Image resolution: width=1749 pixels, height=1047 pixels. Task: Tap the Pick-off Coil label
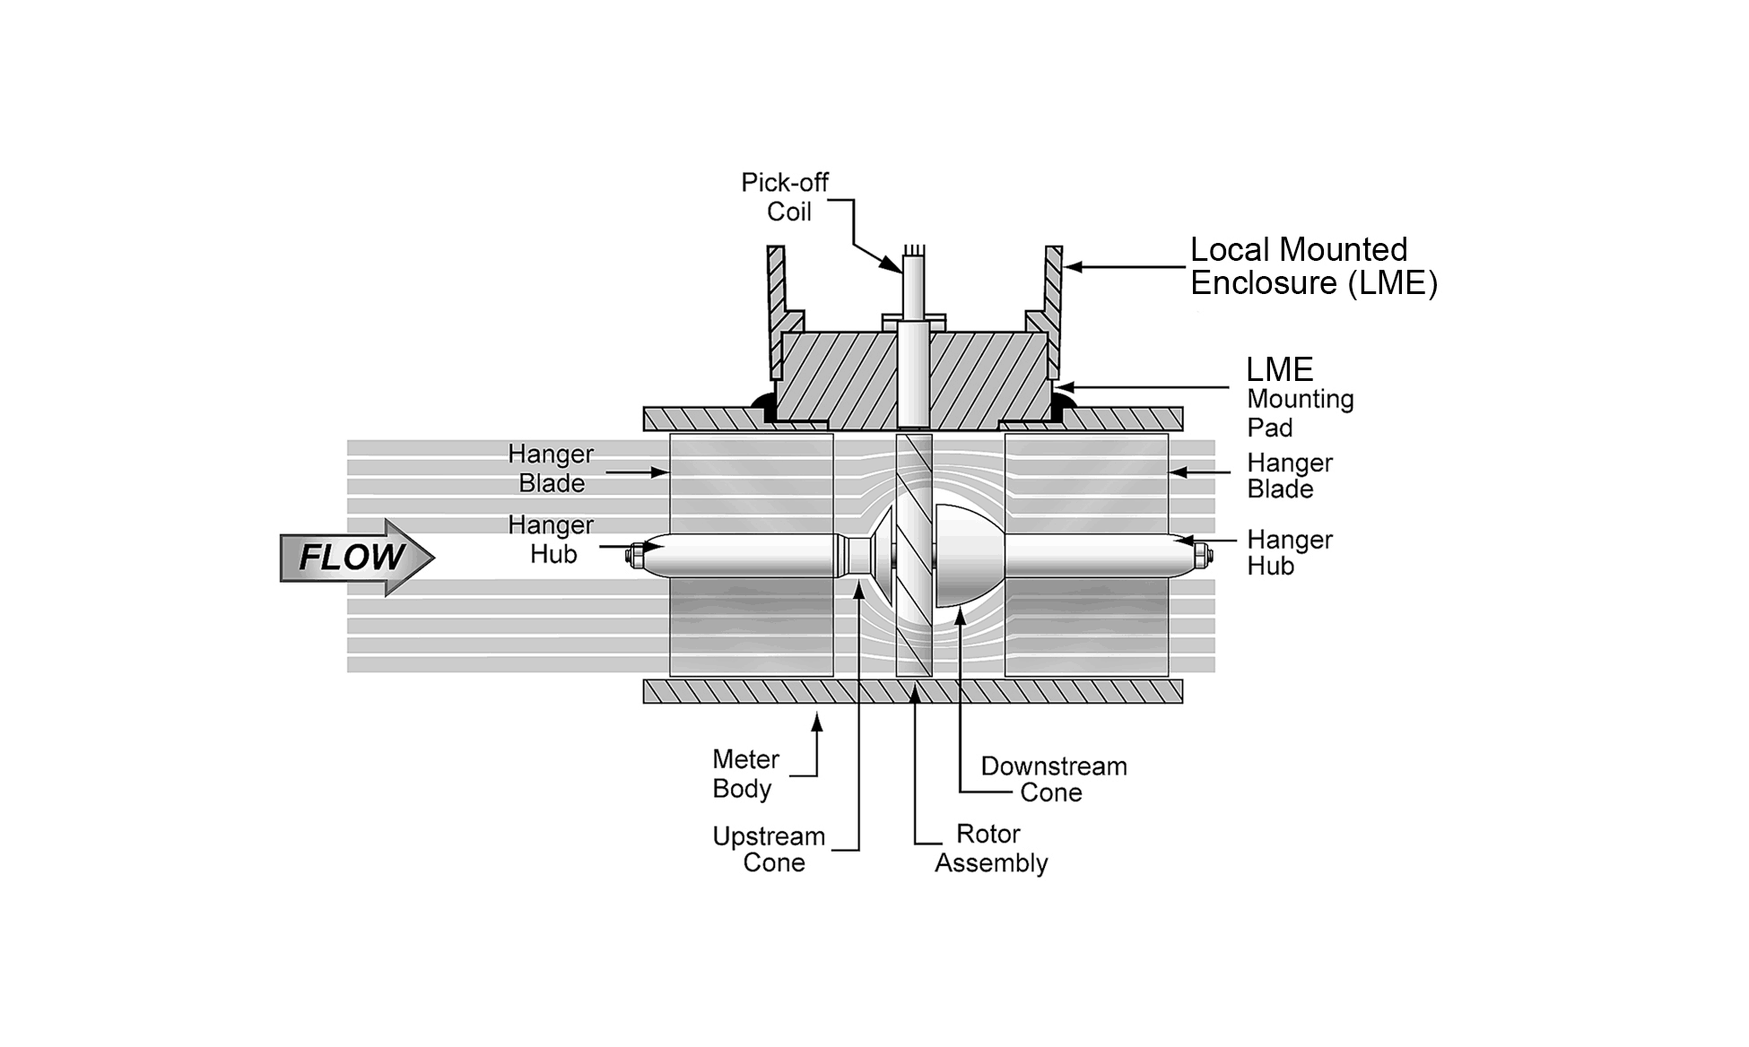(786, 197)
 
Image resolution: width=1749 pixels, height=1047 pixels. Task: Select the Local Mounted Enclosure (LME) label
(1312, 266)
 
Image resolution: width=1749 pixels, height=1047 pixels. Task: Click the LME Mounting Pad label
(1299, 398)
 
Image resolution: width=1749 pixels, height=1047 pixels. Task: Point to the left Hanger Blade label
(551, 468)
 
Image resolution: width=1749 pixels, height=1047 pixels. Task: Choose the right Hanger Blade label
(1289, 476)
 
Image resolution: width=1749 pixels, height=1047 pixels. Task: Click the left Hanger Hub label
(551, 539)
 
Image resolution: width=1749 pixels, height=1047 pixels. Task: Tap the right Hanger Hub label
(1289, 552)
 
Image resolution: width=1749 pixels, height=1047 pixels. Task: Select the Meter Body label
(744, 774)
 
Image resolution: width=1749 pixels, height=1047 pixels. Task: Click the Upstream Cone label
(769, 849)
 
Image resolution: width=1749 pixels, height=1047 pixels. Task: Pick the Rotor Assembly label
(990, 848)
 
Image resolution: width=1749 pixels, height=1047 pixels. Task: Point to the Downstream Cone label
(1053, 779)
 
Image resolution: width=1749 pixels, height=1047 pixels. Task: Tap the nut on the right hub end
(1203, 558)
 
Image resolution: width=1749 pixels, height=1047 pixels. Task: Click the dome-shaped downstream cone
(965, 554)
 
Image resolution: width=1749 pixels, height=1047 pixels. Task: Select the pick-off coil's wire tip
(913, 250)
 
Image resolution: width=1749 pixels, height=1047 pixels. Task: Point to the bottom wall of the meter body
(912, 691)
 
